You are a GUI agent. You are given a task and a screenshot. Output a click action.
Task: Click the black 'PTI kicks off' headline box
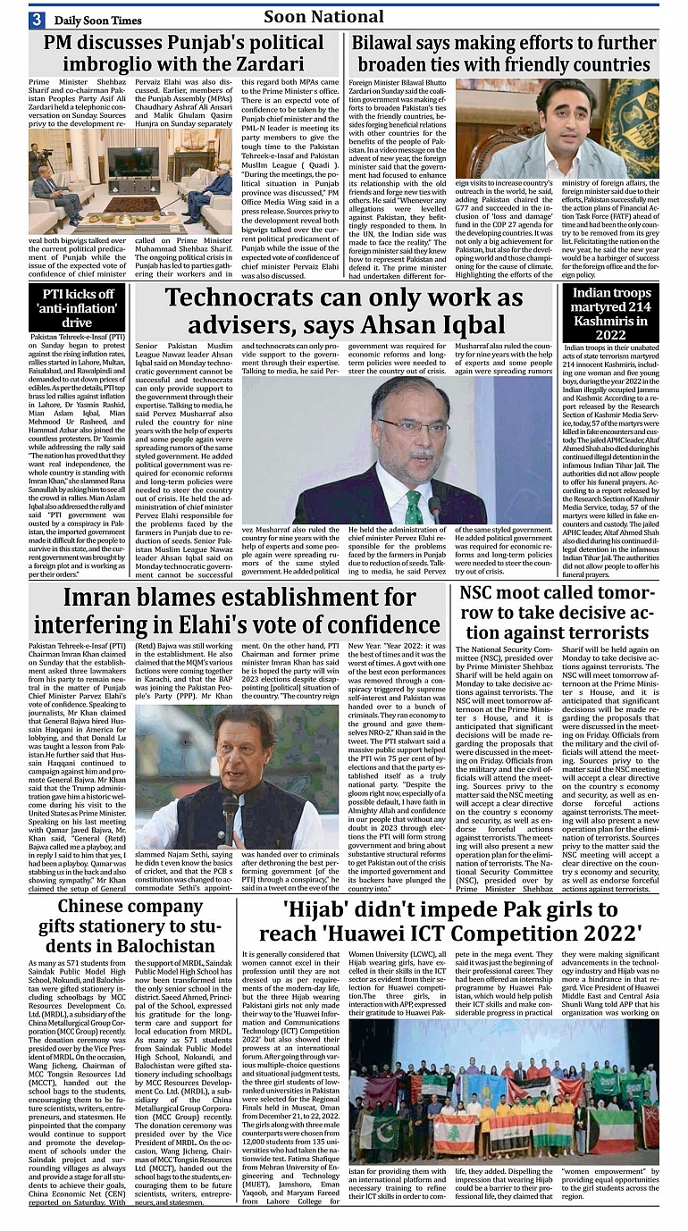pyautogui.click(x=77, y=307)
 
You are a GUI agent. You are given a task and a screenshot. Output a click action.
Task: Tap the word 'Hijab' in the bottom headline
pyautogui.click(x=323, y=909)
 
